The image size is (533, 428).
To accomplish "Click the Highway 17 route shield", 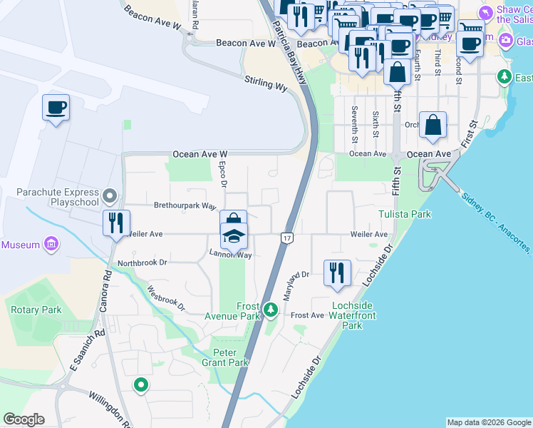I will [x=287, y=237].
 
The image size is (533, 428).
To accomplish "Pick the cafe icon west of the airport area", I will [x=56, y=108].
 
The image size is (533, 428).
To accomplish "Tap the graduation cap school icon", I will [x=234, y=236].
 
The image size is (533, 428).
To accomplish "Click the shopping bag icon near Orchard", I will [x=433, y=126].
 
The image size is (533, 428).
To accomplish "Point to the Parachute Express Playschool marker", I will [x=109, y=195].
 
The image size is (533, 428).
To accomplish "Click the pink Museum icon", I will [x=51, y=245].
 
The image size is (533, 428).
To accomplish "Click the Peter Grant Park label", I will [x=230, y=357].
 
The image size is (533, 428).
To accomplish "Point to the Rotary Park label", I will [x=36, y=310].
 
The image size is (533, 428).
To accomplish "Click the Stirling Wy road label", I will [x=265, y=83].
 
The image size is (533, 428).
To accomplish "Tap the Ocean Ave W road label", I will [x=200, y=153].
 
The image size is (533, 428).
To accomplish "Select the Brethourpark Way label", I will [x=185, y=205].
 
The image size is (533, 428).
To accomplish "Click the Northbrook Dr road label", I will [x=142, y=263].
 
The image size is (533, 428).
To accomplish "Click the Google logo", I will [x=24, y=419].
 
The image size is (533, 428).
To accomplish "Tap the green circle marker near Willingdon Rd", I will [x=141, y=386].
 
